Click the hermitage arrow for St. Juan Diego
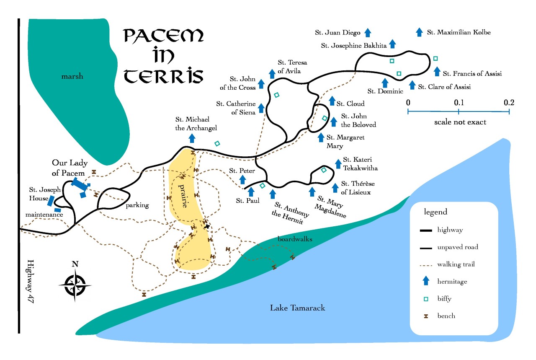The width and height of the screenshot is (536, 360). [x=368, y=32]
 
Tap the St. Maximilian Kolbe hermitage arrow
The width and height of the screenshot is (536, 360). [x=419, y=32]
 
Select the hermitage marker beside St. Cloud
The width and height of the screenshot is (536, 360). [x=332, y=101]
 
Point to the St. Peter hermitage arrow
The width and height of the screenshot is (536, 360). [x=242, y=179]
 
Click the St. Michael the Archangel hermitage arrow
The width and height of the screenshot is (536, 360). [x=192, y=138]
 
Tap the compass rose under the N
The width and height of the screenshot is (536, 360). [x=75, y=286]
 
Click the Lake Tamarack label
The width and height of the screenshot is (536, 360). [x=297, y=308]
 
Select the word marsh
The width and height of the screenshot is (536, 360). [x=72, y=76]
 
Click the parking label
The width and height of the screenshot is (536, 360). [x=137, y=205]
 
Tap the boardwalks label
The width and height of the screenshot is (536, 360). [x=295, y=239]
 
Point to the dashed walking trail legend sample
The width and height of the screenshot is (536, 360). [x=426, y=264]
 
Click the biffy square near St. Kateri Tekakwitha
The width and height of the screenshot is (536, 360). [x=324, y=170]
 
